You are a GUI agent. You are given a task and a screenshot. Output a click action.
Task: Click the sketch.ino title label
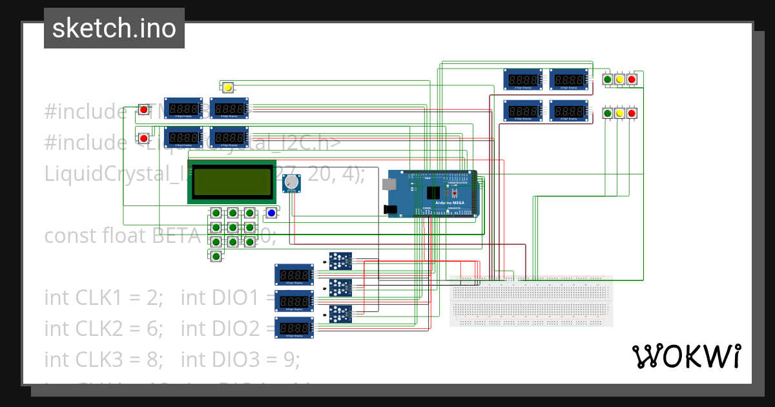(114, 28)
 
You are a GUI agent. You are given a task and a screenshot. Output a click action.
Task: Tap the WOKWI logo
(686, 356)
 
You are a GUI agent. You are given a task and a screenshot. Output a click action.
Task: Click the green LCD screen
(232, 182)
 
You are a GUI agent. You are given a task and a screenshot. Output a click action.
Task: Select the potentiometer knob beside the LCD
(293, 183)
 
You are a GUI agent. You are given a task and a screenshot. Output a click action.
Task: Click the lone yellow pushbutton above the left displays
(227, 87)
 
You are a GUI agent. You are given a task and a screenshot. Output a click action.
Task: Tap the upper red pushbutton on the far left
(143, 110)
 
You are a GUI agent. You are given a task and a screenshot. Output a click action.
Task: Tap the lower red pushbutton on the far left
(143, 138)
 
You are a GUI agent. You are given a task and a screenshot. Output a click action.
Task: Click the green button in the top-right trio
(607, 79)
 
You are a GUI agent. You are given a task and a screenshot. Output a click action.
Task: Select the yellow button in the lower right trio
(619, 114)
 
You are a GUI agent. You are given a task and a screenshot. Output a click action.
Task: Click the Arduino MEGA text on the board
(449, 203)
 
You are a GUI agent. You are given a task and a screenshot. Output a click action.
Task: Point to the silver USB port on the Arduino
(390, 183)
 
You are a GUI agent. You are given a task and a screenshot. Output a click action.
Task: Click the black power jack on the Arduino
(390, 209)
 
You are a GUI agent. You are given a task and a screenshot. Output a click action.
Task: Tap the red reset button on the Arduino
(454, 193)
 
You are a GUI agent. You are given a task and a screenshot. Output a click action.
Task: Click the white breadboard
(530, 300)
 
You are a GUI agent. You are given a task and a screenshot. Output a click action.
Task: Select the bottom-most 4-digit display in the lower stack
(294, 328)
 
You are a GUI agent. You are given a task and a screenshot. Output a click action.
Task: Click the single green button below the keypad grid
(216, 256)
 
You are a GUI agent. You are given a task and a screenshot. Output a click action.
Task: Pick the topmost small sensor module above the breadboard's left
(340, 260)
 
